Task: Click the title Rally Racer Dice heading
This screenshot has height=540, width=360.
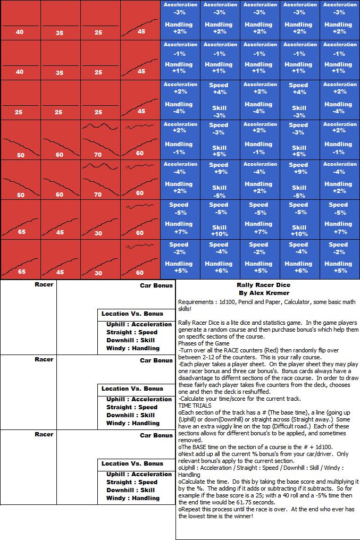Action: point(264,285)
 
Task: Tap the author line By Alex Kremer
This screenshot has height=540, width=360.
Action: point(264,292)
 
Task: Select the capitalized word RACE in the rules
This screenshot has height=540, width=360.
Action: point(226,350)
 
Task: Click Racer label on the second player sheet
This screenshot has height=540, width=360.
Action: point(44,359)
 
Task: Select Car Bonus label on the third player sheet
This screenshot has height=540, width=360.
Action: point(156,435)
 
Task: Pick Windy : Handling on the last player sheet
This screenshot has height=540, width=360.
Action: point(133,498)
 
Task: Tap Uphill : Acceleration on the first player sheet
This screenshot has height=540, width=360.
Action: point(139,324)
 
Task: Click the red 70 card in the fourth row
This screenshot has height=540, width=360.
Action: point(100,140)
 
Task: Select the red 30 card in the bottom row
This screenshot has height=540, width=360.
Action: point(100,259)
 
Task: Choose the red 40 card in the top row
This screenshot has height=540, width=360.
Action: point(20,20)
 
